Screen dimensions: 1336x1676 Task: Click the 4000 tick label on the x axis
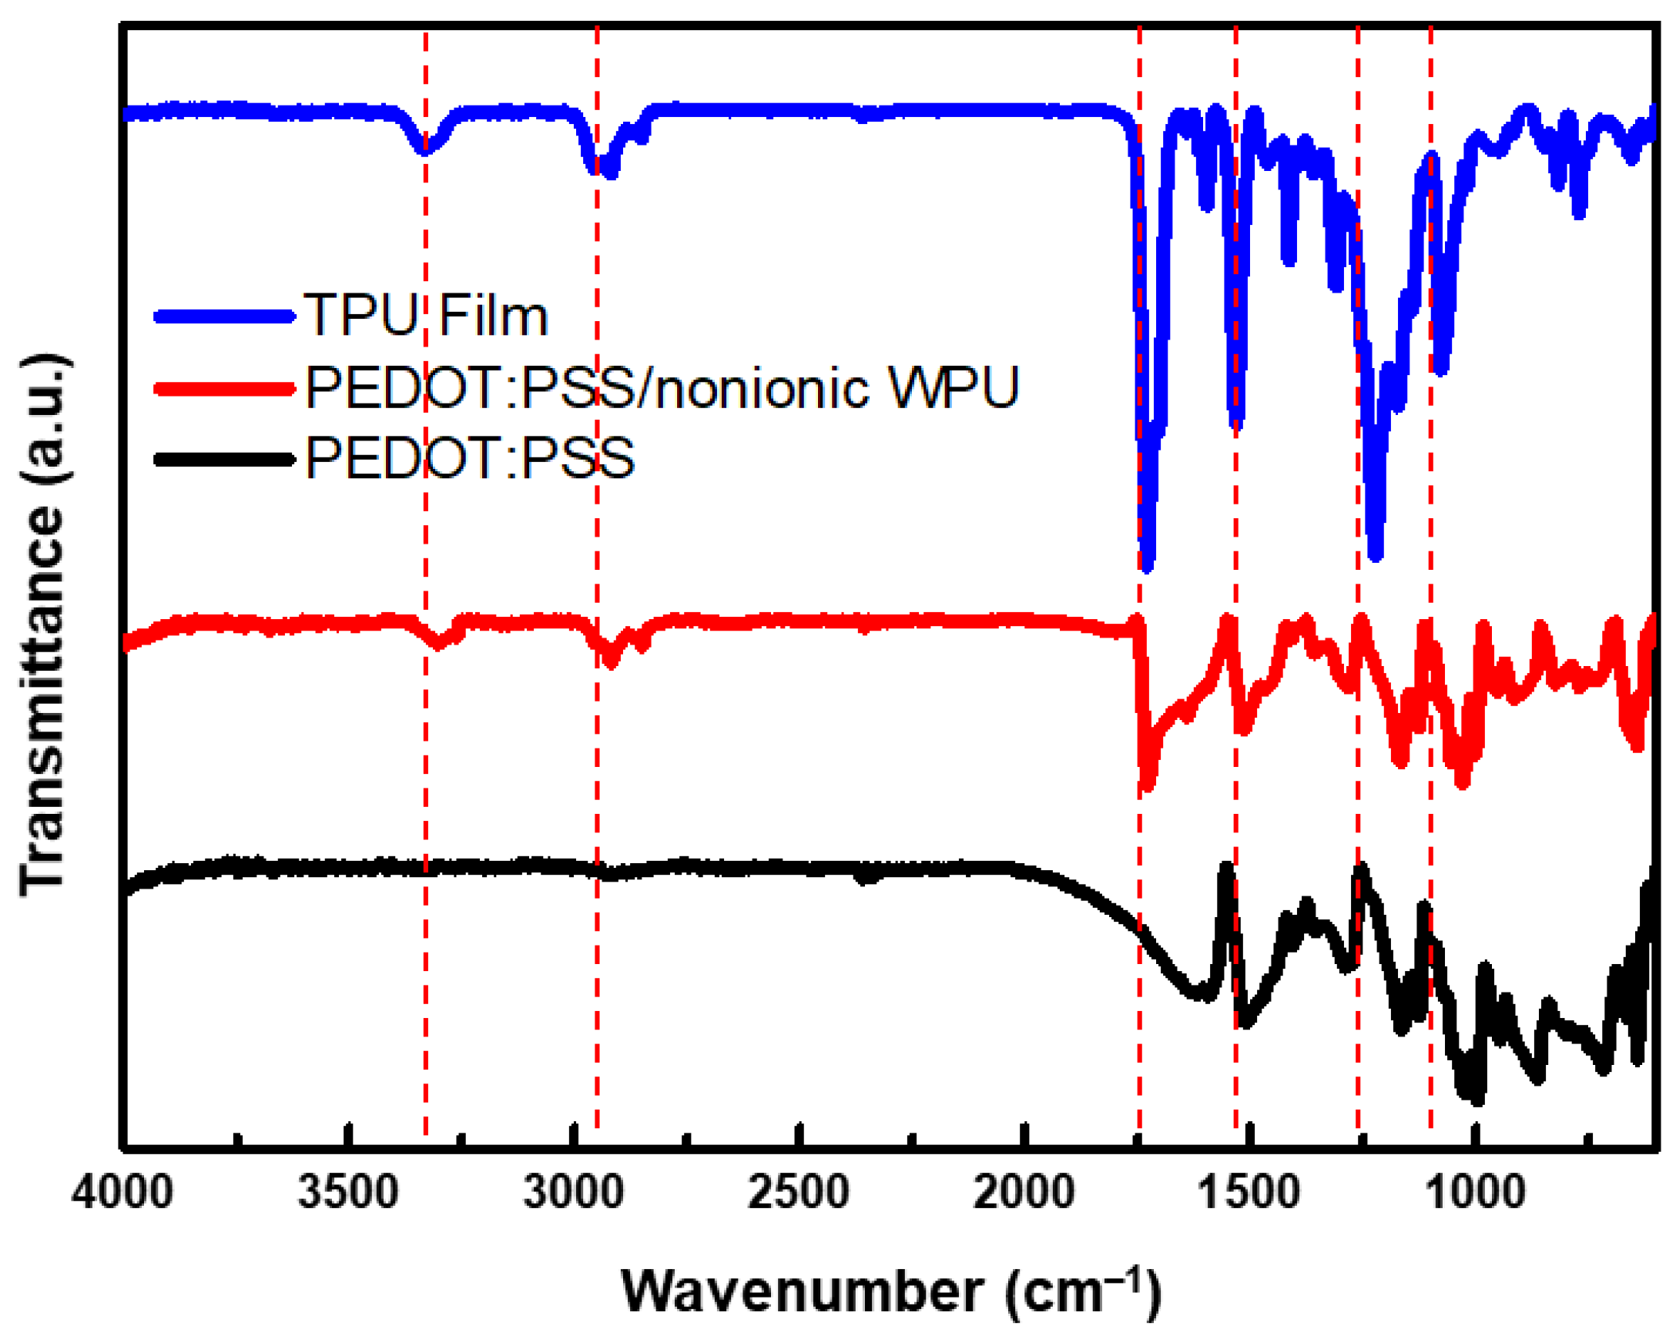tap(122, 1191)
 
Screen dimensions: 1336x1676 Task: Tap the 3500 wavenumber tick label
tap(348, 1191)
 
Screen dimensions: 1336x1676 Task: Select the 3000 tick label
tap(574, 1191)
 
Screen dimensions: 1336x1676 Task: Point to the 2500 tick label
tap(799, 1191)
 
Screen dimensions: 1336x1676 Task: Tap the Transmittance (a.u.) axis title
tap(43, 625)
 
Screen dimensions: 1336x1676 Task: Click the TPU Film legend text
tap(426, 316)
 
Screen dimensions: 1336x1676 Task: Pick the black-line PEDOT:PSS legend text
tap(471, 457)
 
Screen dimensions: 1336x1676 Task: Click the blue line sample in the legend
tap(226, 316)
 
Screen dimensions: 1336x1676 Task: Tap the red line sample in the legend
tap(226, 387)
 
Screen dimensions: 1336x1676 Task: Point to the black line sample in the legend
tap(226, 458)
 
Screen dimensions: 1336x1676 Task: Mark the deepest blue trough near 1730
tap(1148, 566)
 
